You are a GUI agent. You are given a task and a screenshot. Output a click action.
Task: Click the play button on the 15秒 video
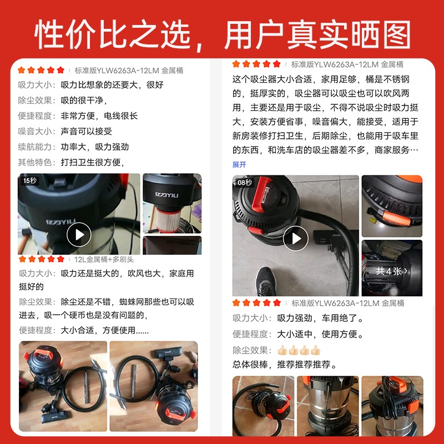coord(79,234)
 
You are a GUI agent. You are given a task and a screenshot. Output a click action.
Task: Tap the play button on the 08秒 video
coord(295,239)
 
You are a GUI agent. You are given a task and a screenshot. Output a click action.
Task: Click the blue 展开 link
coord(239,165)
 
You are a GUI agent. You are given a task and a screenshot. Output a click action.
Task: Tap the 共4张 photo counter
coord(392,271)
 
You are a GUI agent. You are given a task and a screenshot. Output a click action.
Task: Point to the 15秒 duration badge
coord(29,180)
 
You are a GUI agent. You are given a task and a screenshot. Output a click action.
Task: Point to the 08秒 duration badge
coord(245,183)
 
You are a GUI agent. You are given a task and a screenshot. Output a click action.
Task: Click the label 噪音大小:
coord(36,132)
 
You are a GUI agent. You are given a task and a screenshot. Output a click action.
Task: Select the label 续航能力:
coord(36,147)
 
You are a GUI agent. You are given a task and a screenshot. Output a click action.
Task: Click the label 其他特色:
coord(36,163)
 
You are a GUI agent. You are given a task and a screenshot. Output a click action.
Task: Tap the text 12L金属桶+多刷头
coord(104,259)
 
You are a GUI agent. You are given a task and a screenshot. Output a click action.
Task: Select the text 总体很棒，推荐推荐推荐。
coord(286,365)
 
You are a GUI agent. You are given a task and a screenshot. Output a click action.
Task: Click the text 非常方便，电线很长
coord(99,116)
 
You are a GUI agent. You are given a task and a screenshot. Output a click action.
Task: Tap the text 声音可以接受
coord(87,132)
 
